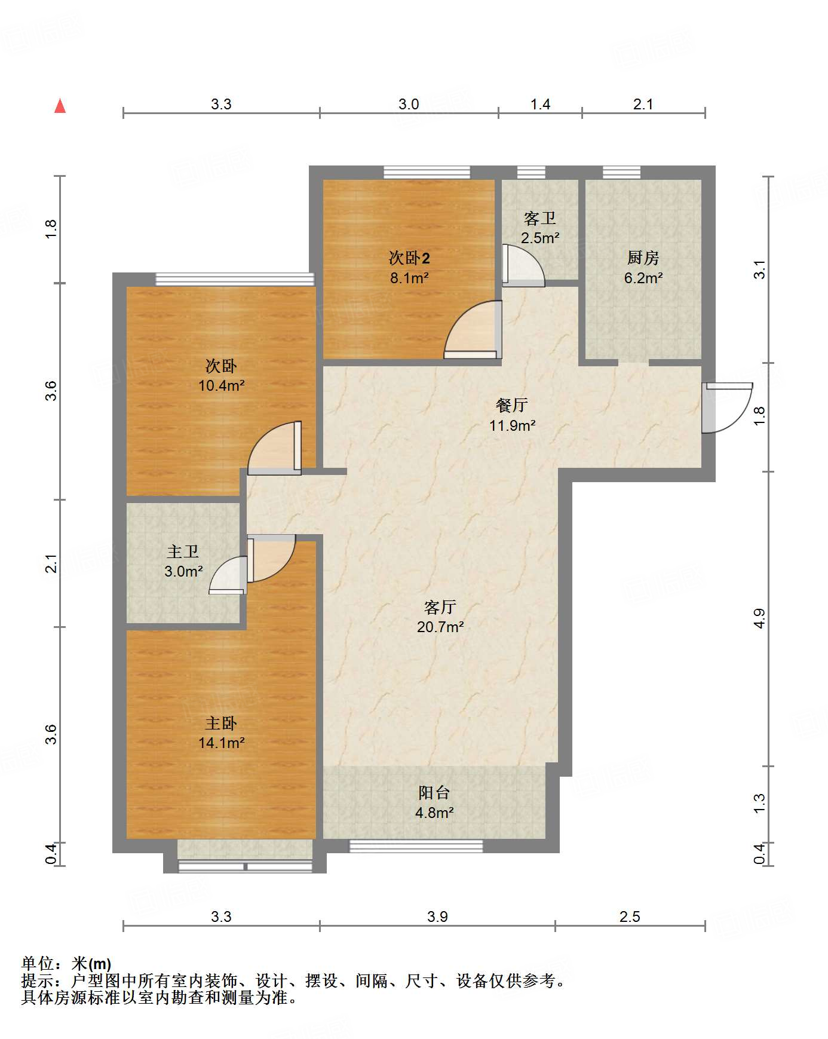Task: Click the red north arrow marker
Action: [60, 106]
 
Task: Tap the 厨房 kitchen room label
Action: [643, 258]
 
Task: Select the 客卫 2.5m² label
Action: [540, 228]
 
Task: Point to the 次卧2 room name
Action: [409, 258]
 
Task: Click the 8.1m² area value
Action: [409, 278]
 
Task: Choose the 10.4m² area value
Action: [222, 385]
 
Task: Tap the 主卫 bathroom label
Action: [183, 551]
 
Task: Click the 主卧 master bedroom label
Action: [221, 724]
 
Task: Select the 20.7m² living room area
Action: [440, 627]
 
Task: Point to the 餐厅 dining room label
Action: [512, 405]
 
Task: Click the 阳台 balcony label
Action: [434, 793]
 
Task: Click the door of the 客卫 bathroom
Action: [523, 265]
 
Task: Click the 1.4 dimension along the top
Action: [540, 105]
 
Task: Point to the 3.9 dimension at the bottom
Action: [437, 917]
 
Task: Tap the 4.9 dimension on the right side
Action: [759, 618]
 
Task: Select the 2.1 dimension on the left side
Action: [51, 563]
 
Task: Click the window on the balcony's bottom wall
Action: [416, 846]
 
